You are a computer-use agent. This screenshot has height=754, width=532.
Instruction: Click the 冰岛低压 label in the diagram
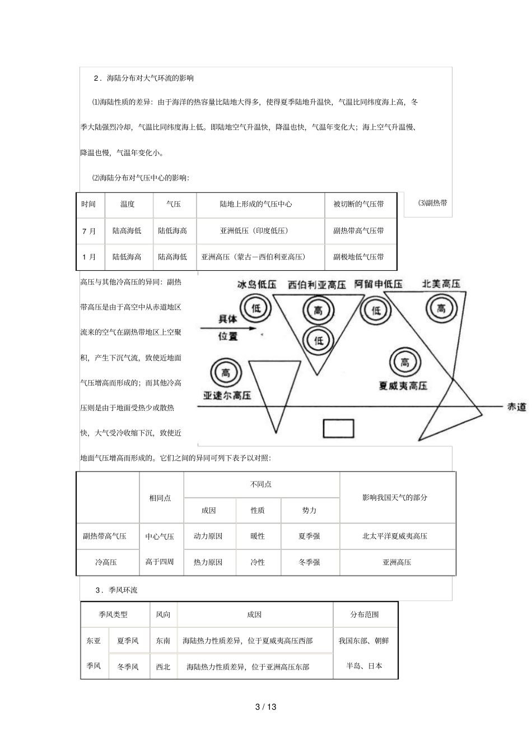257,285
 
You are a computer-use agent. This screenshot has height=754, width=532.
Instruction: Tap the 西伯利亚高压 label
317,285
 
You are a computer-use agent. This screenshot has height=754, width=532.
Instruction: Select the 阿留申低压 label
379,284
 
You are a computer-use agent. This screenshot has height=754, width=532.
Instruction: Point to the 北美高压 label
441,284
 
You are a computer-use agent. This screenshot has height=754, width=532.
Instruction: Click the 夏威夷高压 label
403,386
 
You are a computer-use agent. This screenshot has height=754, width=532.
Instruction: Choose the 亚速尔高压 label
227,395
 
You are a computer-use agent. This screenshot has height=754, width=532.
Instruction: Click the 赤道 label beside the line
516,407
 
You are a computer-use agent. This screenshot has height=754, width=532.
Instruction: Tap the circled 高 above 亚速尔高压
226,372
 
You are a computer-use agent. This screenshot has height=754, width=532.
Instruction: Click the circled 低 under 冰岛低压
256,307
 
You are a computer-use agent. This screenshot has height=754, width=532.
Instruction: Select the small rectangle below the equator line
338,428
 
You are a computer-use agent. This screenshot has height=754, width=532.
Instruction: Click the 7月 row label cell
89,231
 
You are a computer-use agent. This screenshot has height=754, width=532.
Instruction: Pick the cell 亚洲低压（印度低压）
254,231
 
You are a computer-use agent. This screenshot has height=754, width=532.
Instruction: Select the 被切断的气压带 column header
358,205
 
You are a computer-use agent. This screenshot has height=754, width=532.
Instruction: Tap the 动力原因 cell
208,536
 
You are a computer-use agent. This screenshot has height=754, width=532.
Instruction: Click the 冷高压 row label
106,562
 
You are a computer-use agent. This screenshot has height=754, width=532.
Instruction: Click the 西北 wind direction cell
163,667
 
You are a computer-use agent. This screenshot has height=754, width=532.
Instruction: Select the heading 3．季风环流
116,590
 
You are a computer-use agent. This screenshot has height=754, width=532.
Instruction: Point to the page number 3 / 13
266,706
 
